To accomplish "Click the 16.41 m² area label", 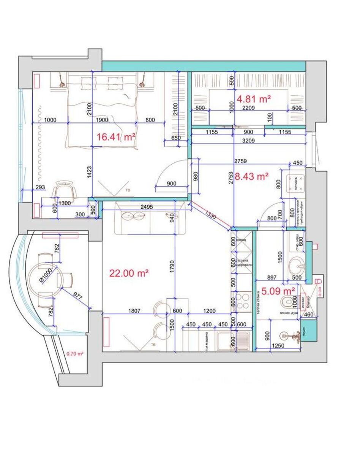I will pos(116,137).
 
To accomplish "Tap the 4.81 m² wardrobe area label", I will pos(254,99).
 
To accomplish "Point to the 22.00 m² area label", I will pos(128,273).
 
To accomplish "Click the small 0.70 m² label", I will pos(75,353).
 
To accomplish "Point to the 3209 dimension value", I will pos(246,141).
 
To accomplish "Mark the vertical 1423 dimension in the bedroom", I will pos(89,172).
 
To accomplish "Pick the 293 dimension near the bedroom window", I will pos(40,187).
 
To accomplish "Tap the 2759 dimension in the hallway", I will pos(240,161).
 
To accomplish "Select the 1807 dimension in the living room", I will pos(134,311).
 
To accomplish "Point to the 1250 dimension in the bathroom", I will pos(279,346).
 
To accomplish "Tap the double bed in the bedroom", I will pos(101,110).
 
